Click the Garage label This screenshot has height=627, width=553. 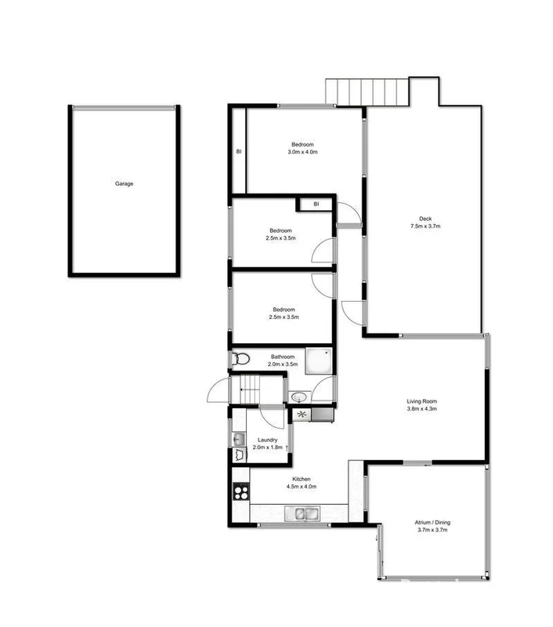124,183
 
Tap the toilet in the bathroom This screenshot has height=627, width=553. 240,360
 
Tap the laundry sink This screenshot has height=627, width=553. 238,454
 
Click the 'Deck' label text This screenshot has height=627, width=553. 425,219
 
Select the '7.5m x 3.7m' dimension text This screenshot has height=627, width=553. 425,227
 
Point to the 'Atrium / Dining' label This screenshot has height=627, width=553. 432,522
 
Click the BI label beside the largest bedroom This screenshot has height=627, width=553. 237,151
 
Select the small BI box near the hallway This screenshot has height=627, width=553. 316,204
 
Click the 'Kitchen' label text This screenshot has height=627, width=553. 302,478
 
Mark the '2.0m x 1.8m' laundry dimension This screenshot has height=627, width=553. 268,448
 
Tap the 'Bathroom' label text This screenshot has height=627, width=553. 283,357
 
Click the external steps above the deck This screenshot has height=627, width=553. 369,92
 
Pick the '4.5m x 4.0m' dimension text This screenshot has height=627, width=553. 302,487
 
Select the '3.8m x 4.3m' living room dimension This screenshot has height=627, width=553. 421,409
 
